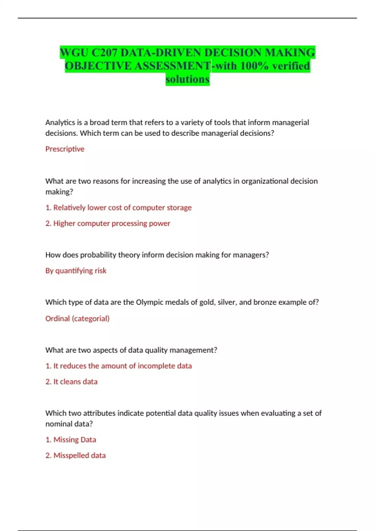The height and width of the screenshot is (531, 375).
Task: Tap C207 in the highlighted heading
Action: (105, 52)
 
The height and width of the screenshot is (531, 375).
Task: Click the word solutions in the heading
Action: (187, 79)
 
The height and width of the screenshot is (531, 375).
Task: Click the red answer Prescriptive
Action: (65, 149)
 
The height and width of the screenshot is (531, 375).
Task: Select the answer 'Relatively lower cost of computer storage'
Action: (122, 208)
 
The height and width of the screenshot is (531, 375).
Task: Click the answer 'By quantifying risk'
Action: (76, 270)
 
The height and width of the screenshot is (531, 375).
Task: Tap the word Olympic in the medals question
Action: (149, 302)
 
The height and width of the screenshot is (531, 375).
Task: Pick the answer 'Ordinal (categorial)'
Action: (77, 319)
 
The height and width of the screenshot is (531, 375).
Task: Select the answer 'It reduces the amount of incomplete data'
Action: (122, 366)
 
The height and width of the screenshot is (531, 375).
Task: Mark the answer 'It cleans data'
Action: (75, 382)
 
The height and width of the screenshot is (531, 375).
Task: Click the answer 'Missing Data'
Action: (74, 440)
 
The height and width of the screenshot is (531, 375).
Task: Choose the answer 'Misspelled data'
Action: (79, 455)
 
